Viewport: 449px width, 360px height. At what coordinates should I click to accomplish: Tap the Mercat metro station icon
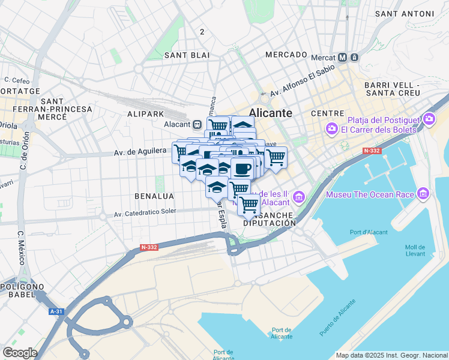pos(343,58)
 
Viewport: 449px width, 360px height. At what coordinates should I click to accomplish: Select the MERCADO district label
pos(286,55)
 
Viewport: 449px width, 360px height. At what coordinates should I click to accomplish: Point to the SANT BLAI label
pos(187,55)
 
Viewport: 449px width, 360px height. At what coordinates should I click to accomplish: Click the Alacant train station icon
pos(196,124)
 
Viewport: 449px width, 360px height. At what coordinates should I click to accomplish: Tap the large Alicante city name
pos(270,113)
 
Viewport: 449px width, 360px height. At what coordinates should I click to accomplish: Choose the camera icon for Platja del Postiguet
pos(429,119)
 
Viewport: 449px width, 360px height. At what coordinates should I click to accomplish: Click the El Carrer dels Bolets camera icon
pos(331,129)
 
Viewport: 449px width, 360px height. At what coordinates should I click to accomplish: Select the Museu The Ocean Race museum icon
pos(424,194)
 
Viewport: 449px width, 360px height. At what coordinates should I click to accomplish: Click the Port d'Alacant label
pos(369,232)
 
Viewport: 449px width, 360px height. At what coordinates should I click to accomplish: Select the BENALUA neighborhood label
pos(154,196)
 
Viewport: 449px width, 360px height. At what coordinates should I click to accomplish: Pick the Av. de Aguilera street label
pos(140,153)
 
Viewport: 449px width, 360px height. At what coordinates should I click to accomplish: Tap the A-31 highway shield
pos(56,311)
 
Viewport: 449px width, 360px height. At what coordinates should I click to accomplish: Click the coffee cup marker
pos(242,169)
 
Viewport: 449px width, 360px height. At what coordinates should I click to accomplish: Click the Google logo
pos(20,353)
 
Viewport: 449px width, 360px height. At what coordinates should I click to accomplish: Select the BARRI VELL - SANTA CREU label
pos(392,89)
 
